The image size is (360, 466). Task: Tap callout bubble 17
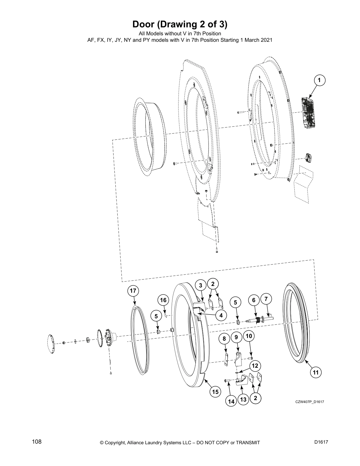point(133,291)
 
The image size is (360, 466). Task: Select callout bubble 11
point(316,372)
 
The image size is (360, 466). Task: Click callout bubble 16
point(163,300)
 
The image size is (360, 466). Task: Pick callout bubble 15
point(215,392)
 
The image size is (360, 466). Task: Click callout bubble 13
point(243,400)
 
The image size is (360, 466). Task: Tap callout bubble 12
point(255,366)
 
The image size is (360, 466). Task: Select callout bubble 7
point(266,299)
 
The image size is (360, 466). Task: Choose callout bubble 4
point(221,315)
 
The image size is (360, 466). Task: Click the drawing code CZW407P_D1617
point(310,402)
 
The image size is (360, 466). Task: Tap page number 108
point(37,442)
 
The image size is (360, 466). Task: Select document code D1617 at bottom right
point(321,442)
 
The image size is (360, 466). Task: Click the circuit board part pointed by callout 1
point(309,112)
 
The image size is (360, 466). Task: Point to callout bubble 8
point(224,339)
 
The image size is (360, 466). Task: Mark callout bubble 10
point(249,336)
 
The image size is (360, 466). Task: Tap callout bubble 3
point(201,285)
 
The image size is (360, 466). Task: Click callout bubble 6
point(254,300)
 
